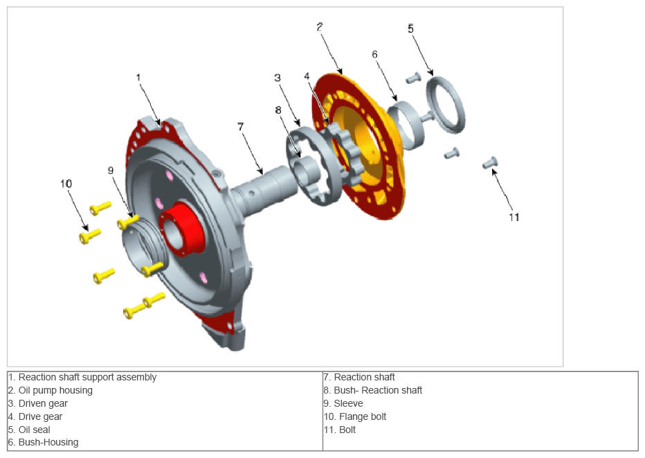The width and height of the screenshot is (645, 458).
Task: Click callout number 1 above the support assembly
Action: click(138, 78)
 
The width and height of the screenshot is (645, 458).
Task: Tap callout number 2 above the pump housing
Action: click(320, 27)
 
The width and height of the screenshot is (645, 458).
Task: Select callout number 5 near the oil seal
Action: click(410, 28)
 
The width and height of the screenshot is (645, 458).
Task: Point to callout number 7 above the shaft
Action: click(241, 126)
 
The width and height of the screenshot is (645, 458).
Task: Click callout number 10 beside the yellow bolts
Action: click(66, 184)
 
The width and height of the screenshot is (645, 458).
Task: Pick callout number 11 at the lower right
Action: click(514, 217)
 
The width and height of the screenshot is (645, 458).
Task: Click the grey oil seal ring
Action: click(446, 105)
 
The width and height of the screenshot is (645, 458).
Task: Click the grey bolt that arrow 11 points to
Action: click(490, 162)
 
